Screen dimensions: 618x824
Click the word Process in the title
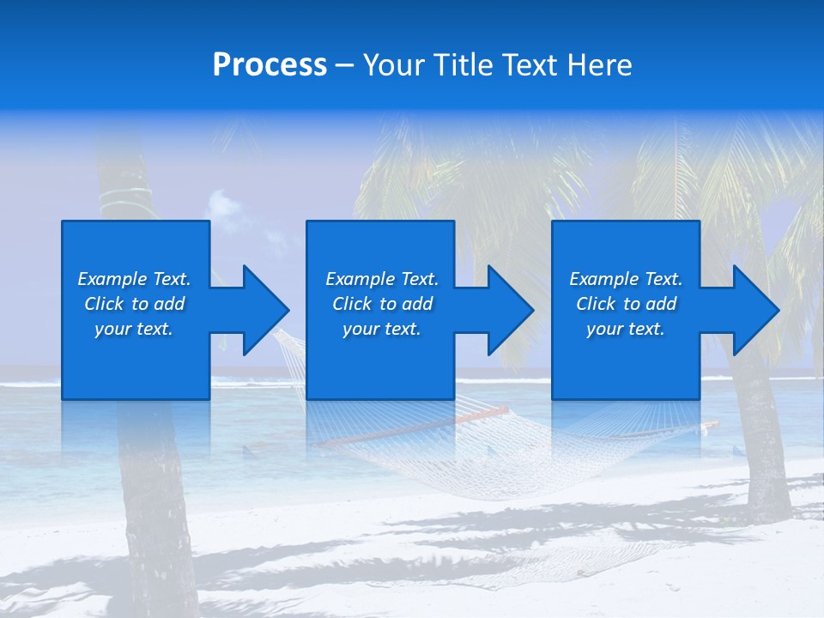[x=270, y=65]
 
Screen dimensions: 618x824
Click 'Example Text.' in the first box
[x=134, y=279]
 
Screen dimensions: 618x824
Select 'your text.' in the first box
[x=134, y=329]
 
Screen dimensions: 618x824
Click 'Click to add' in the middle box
[x=382, y=304]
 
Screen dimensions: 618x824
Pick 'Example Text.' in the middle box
[x=382, y=279]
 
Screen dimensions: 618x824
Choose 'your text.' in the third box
[x=626, y=329]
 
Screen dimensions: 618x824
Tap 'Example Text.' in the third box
[x=626, y=279]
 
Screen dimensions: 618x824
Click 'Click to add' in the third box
[x=626, y=304]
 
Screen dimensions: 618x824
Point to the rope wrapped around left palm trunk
[x=125, y=199]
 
